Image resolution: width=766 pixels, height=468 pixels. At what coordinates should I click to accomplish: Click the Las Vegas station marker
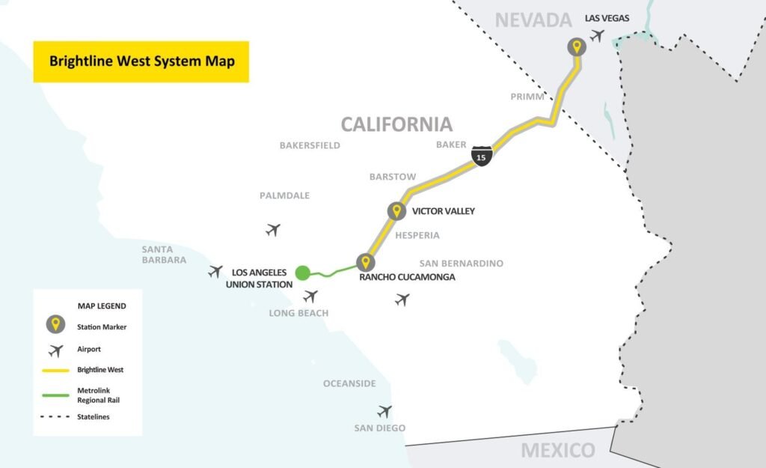[x=576, y=47]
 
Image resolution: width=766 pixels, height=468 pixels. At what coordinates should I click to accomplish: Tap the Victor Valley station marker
[x=396, y=211]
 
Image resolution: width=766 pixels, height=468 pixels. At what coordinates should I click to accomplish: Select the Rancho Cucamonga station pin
[x=365, y=262]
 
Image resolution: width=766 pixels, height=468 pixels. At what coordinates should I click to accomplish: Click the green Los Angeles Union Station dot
[x=302, y=273]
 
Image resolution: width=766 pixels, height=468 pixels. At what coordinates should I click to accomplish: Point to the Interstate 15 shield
[x=481, y=156]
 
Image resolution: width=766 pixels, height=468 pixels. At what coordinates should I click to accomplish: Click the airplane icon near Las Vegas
[x=597, y=35]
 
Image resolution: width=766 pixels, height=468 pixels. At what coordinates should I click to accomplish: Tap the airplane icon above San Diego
[x=384, y=411]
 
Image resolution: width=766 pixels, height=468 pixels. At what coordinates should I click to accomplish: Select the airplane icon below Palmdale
[x=273, y=230]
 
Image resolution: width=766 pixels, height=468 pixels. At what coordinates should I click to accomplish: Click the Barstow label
[x=393, y=177]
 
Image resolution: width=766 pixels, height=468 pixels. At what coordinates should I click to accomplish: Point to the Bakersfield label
[x=310, y=145]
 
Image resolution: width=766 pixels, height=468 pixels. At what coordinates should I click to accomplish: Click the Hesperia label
[x=417, y=235]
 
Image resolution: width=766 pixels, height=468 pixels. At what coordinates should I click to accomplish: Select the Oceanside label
[x=349, y=383]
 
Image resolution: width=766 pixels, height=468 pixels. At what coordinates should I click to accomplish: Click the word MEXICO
[x=558, y=450]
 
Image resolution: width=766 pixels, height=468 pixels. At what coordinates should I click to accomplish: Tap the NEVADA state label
[x=533, y=20]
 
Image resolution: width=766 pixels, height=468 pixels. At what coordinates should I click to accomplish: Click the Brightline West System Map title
[x=141, y=61]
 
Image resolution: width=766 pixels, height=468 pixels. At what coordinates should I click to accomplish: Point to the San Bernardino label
[x=461, y=263]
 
